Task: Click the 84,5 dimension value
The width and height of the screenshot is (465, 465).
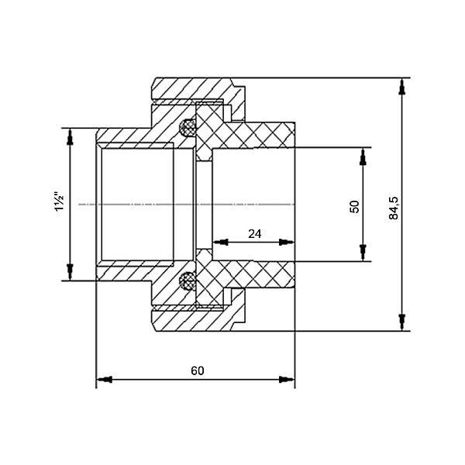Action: click(x=394, y=208)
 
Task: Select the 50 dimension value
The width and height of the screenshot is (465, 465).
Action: click(x=354, y=207)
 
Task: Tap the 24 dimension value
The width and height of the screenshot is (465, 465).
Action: click(x=255, y=234)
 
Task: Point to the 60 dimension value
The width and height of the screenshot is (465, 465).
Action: click(x=198, y=370)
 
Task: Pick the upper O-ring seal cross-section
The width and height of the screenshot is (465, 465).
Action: click(x=188, y=128)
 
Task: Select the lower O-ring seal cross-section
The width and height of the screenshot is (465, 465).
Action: click(x=188, y=281)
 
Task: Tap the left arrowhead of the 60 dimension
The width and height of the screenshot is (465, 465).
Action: click(x=104, y=379)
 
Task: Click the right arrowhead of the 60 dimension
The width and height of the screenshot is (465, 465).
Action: click(x=287, y=379)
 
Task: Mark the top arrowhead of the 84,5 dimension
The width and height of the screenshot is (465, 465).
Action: click(x=402, y=86)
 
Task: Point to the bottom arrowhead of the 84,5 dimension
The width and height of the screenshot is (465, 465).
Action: click(x=402, y=322)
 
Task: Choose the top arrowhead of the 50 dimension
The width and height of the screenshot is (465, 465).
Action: click(x=363, y=156)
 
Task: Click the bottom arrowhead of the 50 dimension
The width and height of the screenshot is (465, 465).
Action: click(x=363, y=253)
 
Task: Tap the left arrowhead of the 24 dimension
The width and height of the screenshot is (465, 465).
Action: click(x=221, y=242)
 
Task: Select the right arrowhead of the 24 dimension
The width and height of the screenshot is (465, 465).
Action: click(x=287, y=242)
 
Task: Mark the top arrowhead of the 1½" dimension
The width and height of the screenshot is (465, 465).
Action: click(x=70, y=136)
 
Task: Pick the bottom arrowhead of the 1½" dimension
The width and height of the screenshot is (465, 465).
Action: click(x=70, y=272)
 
